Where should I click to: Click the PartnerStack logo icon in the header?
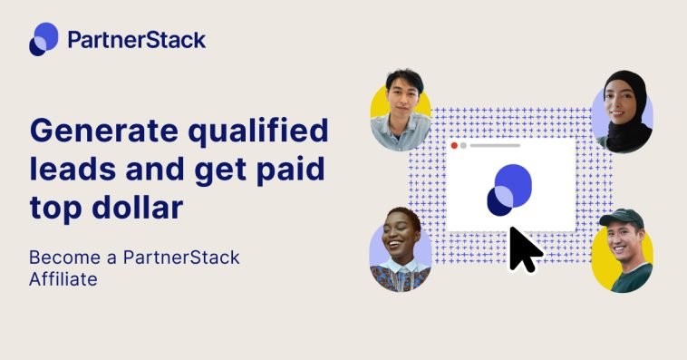click(43, 39)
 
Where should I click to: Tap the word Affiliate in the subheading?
click(63, 279)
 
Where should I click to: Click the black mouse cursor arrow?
click(524, 249)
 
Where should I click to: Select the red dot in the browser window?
click(454, 145)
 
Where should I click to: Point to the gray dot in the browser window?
click(463, 145)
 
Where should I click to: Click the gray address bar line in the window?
click(494, 145)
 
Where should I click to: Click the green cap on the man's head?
click(621, 219)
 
